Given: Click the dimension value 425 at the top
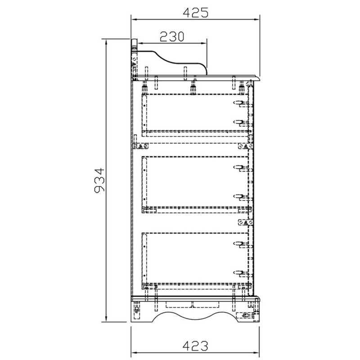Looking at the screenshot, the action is point(196,13).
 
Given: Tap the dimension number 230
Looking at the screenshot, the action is point(172,36).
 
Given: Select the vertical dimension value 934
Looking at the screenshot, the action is point(99,180).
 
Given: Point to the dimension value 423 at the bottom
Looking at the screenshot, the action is point(195,346).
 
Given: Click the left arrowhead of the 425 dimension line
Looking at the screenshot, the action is point(134,19).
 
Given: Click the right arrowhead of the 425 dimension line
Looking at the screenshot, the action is point(256,19).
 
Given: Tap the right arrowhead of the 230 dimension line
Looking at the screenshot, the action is point(204,43).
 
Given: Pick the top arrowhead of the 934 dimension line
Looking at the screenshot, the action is point(106,42).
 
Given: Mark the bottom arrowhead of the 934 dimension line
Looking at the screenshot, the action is point(106,319).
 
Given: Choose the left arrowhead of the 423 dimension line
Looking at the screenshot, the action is point(134,352).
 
